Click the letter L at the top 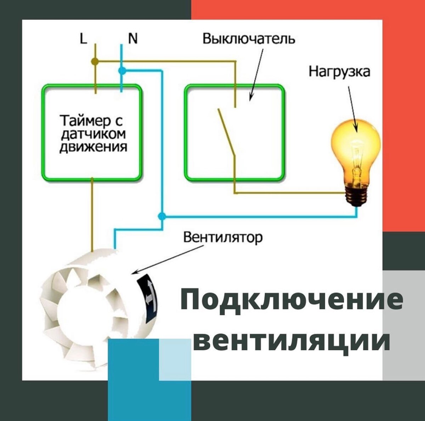(x=83, y=38)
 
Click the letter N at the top (x=133, y=38)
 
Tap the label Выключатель (x=249, y=38)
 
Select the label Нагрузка (x=339, y=72)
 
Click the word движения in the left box (x=93, y=146)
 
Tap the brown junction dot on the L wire (x=95, y=61)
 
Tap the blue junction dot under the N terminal (x=122, y=71)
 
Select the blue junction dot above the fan (x=162, y=216)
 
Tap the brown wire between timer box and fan (x=92, y=213)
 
